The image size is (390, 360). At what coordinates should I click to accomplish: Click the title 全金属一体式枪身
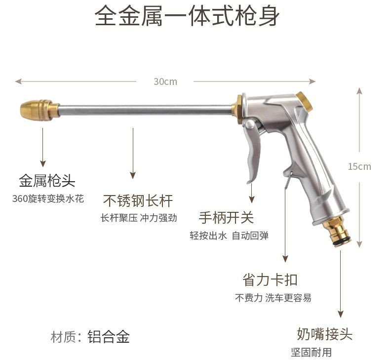187,17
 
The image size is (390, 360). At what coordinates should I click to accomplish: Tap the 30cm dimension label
165,81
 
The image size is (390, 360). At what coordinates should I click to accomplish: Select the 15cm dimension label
359,166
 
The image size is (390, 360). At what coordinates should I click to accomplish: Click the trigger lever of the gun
253,148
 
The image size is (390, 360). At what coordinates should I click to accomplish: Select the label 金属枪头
47,181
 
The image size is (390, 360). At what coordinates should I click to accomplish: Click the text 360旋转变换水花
48,199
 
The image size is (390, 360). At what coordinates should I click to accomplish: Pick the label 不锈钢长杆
138,200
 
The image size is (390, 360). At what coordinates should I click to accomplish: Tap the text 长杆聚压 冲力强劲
138,218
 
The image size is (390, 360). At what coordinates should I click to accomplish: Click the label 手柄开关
226,217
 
